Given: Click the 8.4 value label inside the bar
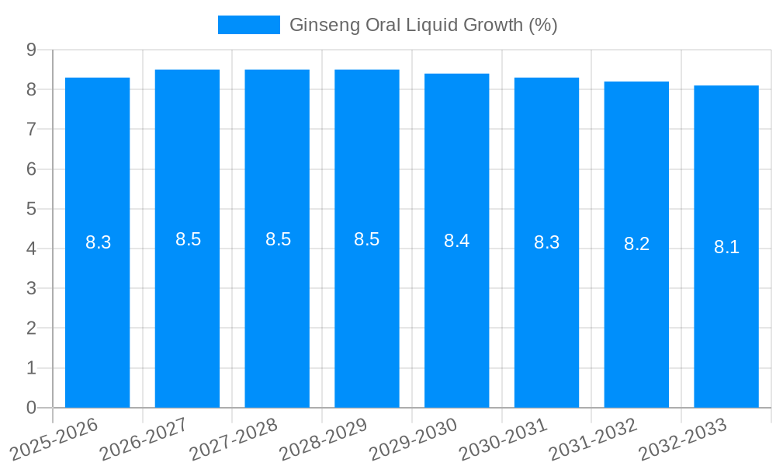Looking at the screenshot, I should coord(456,241).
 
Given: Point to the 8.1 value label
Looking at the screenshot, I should coord(726,247).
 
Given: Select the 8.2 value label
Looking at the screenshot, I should coord(636,244).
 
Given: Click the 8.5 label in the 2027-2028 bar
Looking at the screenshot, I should coord(278,239).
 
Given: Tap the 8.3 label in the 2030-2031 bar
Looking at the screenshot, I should coord(546,242).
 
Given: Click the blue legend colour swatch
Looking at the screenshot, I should coord(248,25).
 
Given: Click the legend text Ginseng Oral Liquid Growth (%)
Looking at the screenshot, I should coord(423,25).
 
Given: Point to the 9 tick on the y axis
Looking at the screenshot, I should coord(31,50).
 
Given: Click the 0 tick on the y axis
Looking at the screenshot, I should coord(31,408).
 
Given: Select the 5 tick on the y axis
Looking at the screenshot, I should coord(31,209).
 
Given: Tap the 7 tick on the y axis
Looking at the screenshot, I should coord(31,129).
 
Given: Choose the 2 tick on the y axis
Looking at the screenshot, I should coord(31,329).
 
